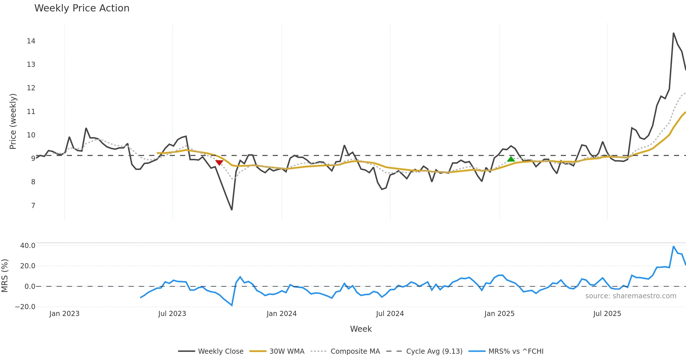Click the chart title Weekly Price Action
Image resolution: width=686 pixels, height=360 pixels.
point(82,8)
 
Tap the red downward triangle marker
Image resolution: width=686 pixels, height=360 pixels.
point(219,163)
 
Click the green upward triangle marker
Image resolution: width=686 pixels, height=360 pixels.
point(511,159)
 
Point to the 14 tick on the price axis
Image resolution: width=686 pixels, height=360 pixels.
point(31,41)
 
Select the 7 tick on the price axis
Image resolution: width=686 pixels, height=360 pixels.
point(33,206)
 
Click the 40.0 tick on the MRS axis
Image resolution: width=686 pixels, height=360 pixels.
point(28,246)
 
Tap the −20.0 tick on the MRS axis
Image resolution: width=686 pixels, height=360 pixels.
point(25,307)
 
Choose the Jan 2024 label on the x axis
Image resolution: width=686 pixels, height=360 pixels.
point(282,314)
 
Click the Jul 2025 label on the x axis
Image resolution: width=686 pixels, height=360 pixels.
point(607,314)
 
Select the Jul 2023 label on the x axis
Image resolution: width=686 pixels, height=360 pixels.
point(172,314)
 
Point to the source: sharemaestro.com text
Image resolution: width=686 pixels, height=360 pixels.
point(631,296)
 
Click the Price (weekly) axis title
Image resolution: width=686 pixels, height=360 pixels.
point(13,121)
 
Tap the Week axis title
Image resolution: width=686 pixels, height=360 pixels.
point(361,329)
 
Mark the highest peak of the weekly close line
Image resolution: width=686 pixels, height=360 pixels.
point(673,33)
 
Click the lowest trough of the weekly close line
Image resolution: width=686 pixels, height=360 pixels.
point(232,210)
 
